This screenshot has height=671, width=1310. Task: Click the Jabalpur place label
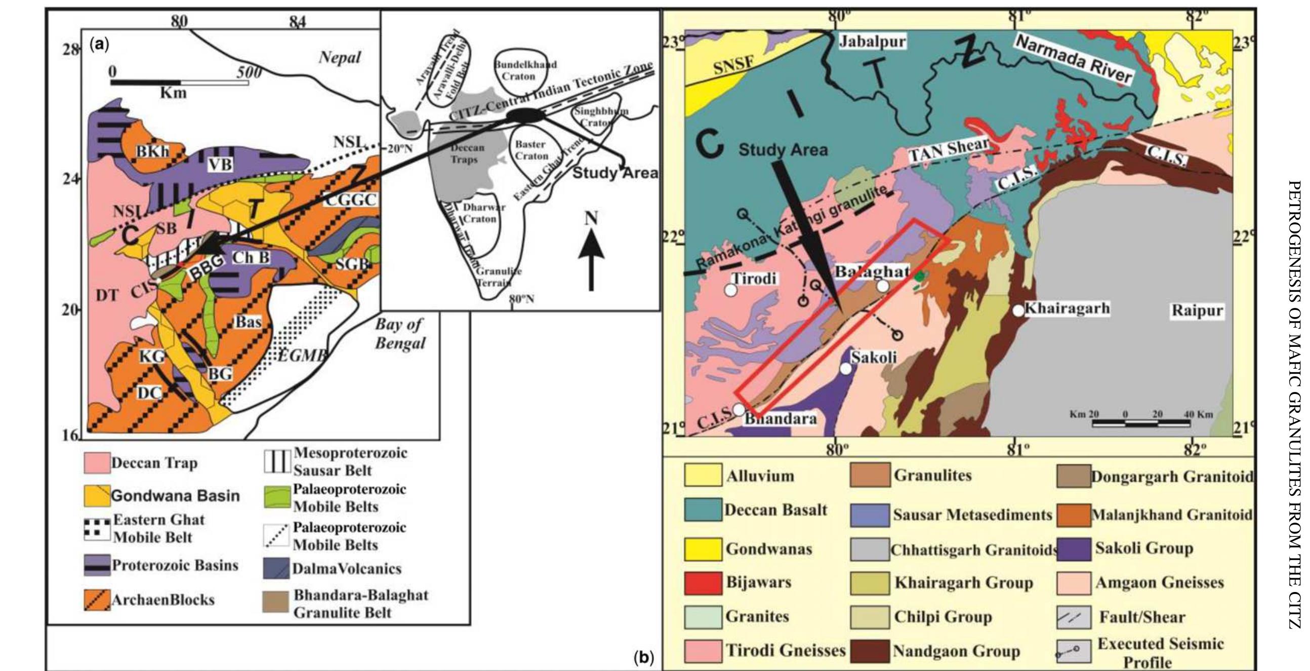[x=872, y=41]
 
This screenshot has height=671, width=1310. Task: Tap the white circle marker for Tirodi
[x=731, y=290]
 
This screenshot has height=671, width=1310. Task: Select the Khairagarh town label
[x=1067, y=308]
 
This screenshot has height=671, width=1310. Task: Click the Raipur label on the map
[x=1197, y=310]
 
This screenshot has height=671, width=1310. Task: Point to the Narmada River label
[x=1074, y=60]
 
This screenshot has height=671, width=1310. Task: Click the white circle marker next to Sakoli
[x=845, y=368]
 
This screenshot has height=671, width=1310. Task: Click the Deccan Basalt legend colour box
[x=703, y=510]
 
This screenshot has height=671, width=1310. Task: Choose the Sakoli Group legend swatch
[x=1073, y=549]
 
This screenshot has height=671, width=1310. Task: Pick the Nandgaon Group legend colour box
[x=870, y=651]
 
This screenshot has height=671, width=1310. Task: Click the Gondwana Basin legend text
[x=175, y=496]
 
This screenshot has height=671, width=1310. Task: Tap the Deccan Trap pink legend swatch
[x=97, y=463]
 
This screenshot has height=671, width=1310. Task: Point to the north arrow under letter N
[x=591, y=264]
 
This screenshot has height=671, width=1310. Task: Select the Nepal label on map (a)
[x=339, y=58]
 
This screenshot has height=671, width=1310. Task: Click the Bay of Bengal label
[x=400, y=333]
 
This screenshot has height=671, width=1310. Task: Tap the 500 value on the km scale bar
[x=249, y=72]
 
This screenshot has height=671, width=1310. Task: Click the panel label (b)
[x=643, y=658]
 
